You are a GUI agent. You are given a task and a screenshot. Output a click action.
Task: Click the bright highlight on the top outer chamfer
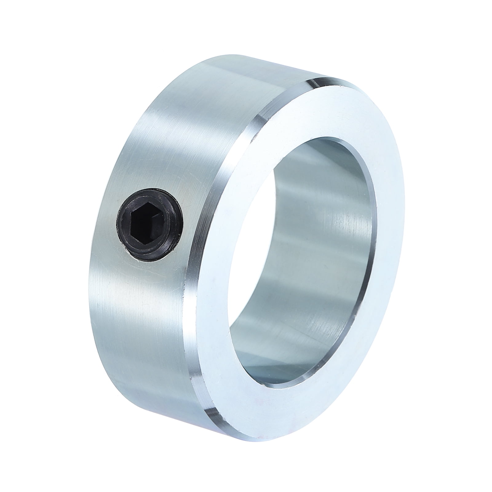323,82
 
